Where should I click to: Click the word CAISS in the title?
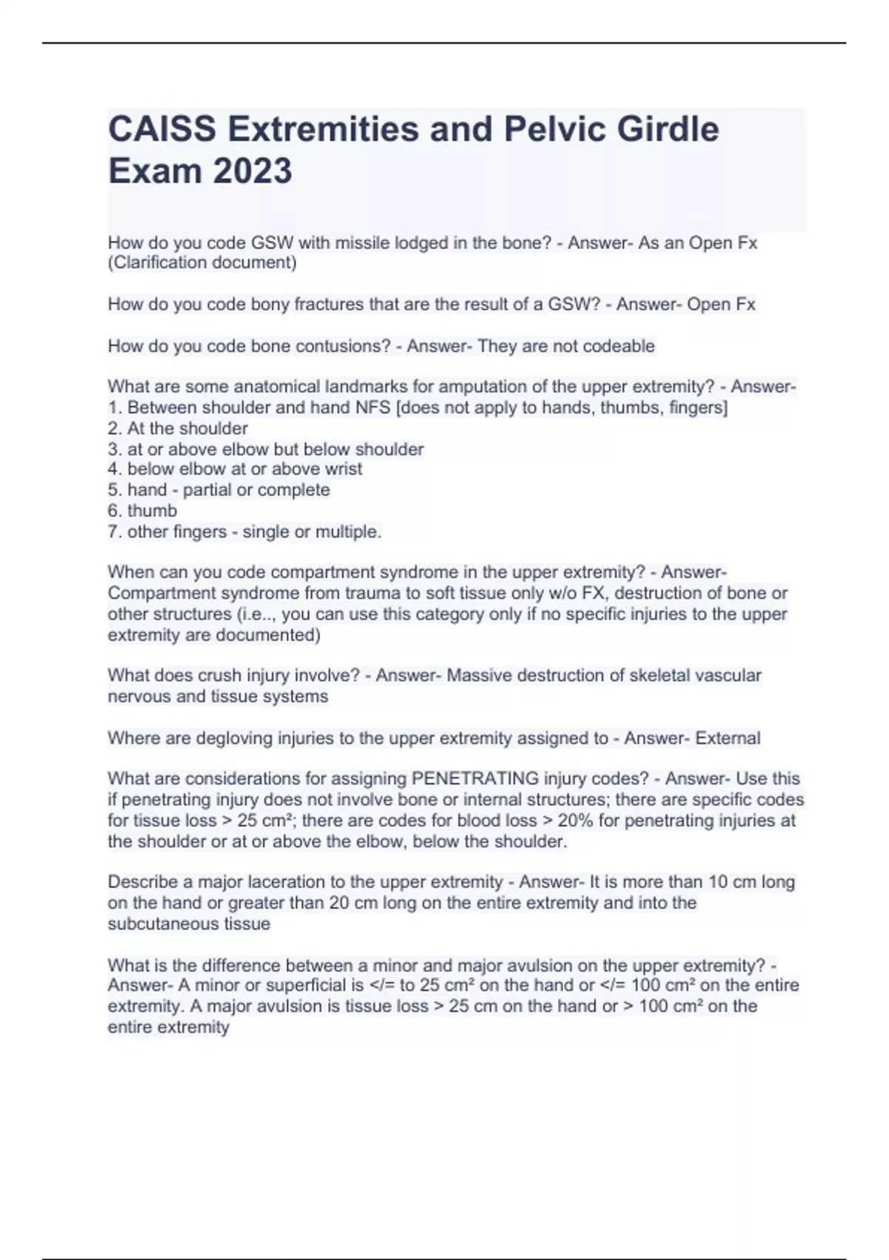(163, 129)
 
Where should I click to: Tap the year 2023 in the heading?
(252, 170)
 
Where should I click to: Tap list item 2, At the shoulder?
(178, 428)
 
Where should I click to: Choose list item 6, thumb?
(142, 511)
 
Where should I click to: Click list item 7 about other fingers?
(244, 531)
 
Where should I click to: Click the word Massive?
(479, 675)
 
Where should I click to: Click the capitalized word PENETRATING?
(475, 778)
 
